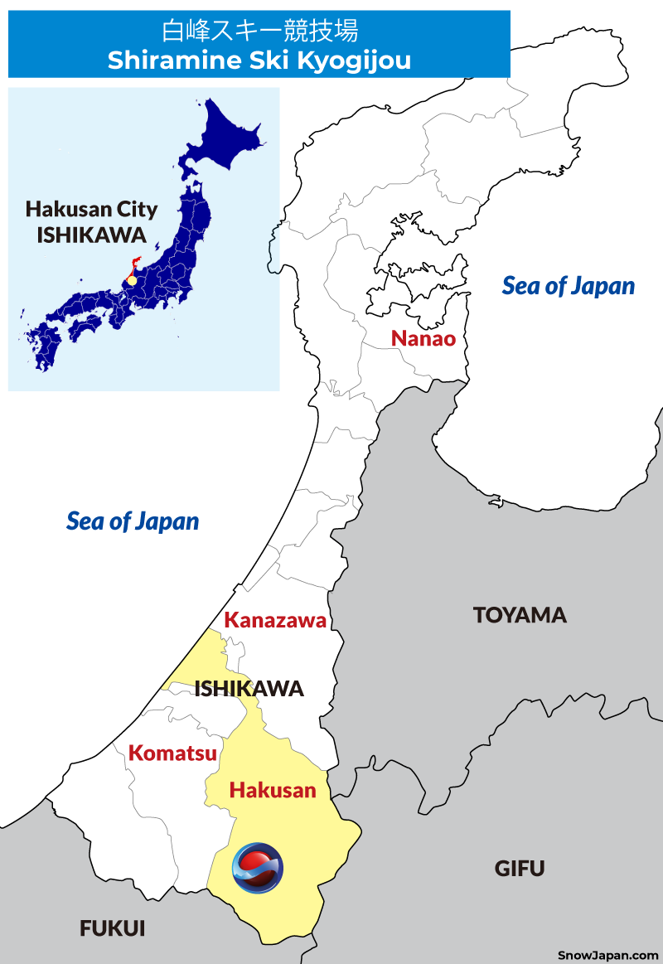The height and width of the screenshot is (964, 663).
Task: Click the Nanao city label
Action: tap(423, 338)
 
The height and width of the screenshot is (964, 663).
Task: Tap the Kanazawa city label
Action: tap(275, 620)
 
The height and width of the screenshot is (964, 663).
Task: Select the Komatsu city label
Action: tap(172, 753)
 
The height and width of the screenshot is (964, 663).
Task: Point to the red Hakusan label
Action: tap(273, 790)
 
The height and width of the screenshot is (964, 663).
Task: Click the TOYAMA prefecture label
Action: tap(520, 615)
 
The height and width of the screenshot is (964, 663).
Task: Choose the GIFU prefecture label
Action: tap(520, 869)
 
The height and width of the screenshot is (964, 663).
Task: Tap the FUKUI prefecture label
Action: tap(113, 929)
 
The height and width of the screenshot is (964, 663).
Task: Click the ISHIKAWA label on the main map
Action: tap(249, 689)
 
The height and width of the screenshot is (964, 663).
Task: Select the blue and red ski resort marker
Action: tap(258, 868)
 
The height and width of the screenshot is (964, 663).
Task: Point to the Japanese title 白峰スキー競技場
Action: tap(259, 31)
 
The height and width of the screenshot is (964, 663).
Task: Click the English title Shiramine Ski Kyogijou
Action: tap(259, 61)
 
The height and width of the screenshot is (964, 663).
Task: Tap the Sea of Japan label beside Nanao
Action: tap(569, 286)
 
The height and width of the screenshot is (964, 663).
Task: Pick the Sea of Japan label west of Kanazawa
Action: tap(133, 521)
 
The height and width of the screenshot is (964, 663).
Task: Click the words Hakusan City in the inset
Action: tap(91, 209)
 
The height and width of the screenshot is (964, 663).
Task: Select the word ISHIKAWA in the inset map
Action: tap(91, 235)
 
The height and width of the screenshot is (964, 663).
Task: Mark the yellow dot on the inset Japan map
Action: tap(131, 281)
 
